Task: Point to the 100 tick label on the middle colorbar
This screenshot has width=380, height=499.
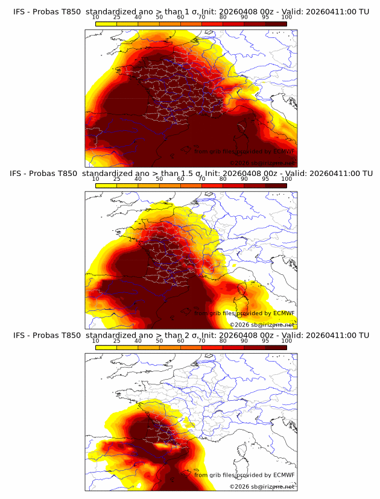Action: point(287,178)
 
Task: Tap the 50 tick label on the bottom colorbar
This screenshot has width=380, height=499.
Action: point(159,341)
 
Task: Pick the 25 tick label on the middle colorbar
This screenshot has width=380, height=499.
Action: point(116,178)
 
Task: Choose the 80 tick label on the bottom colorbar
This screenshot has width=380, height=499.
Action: point(223,341)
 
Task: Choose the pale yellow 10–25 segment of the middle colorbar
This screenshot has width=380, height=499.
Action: point(106,185)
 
